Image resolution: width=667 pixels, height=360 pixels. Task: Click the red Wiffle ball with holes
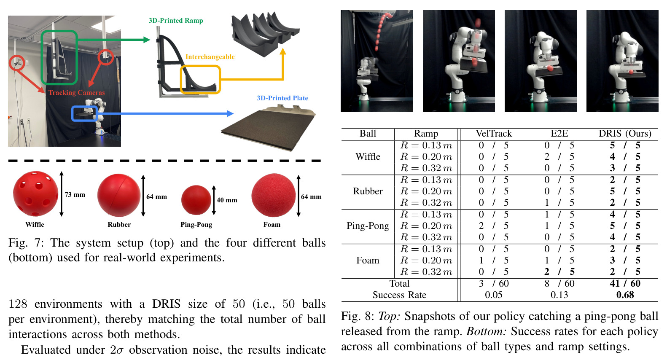point(35,193)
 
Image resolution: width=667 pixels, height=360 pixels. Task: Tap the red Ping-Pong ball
point(196,200)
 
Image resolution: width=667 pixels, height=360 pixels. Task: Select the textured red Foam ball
point(273,195)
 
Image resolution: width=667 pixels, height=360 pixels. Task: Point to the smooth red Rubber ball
point(119,195)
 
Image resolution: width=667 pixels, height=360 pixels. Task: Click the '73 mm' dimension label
point(75,195)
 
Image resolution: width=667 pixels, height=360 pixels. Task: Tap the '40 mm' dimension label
point(227,200)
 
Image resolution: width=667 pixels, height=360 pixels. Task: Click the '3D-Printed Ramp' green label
point(176,21)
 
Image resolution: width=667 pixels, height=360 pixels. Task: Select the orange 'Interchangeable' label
point(210,57)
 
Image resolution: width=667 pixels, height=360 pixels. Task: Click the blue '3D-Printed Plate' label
point(282,98)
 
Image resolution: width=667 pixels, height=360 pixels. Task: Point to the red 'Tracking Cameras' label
point(77,93)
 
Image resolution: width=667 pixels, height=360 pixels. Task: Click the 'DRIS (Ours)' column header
point(625,134)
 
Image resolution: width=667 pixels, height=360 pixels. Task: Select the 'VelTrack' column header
point(494,134)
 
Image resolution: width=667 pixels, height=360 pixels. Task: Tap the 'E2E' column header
point(559,134)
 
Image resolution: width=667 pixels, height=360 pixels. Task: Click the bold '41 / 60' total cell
point(625,283)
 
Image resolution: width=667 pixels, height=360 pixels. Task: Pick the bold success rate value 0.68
point(625,295)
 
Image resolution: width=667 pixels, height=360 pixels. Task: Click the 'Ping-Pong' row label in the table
point(368,226)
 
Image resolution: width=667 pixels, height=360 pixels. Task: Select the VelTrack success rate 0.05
point(494,295)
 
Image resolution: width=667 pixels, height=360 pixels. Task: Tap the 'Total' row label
point(399,283)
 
